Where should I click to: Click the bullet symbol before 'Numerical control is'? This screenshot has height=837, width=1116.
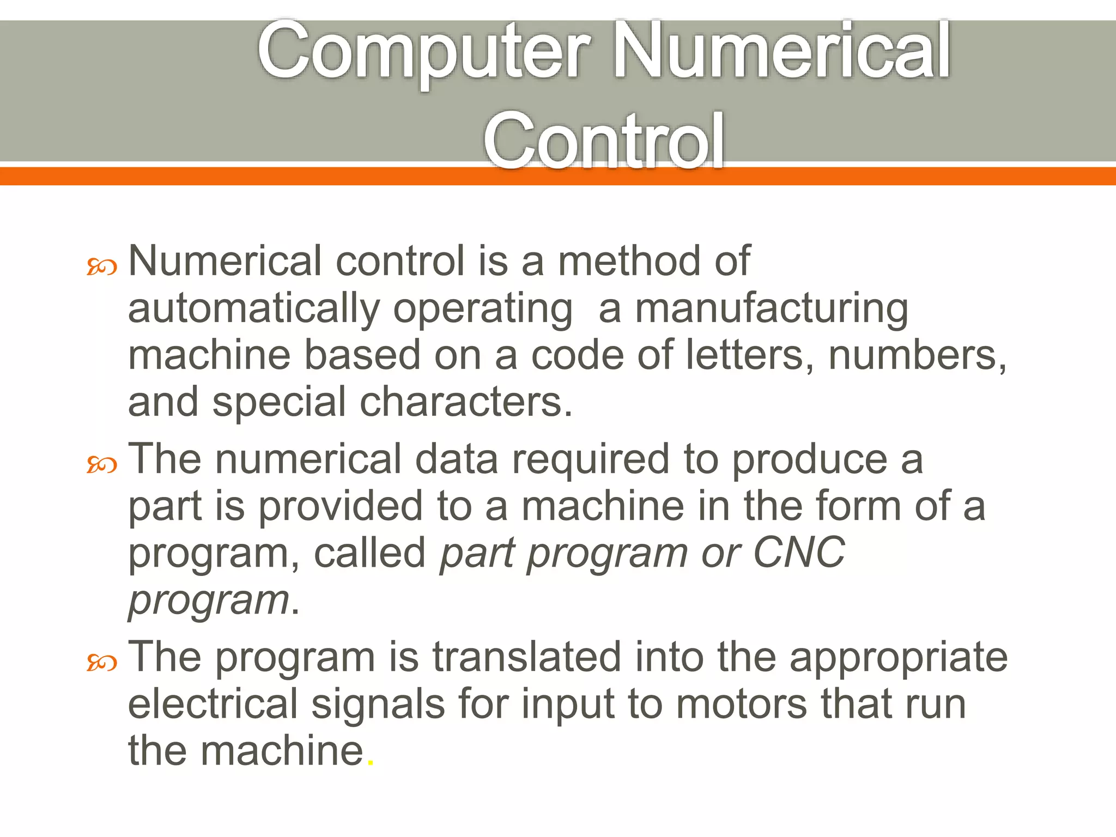102,267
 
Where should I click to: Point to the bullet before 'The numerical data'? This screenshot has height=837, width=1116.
102,465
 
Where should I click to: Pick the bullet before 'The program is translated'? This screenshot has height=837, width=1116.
102,663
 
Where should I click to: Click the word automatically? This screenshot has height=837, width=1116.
253,308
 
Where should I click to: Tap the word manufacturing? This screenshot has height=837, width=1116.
772,308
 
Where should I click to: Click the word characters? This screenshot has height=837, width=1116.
466,402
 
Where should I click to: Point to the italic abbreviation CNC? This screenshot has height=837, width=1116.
799,552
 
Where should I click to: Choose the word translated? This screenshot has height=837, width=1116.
526,657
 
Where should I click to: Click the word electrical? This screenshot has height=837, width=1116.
213,703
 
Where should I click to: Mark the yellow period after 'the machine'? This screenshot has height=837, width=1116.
371,763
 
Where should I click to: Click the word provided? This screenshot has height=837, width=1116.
340,506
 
